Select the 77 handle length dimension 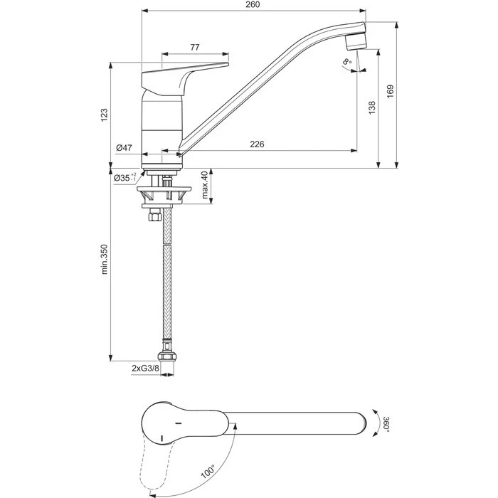[195, 47]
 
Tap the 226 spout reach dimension [257, 144]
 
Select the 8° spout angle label [347, 64]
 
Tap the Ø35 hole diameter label [125, 179]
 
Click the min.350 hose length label [105, 260]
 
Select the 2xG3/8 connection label [145, 368]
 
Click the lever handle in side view [186, 72]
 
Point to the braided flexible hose [166, 285]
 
